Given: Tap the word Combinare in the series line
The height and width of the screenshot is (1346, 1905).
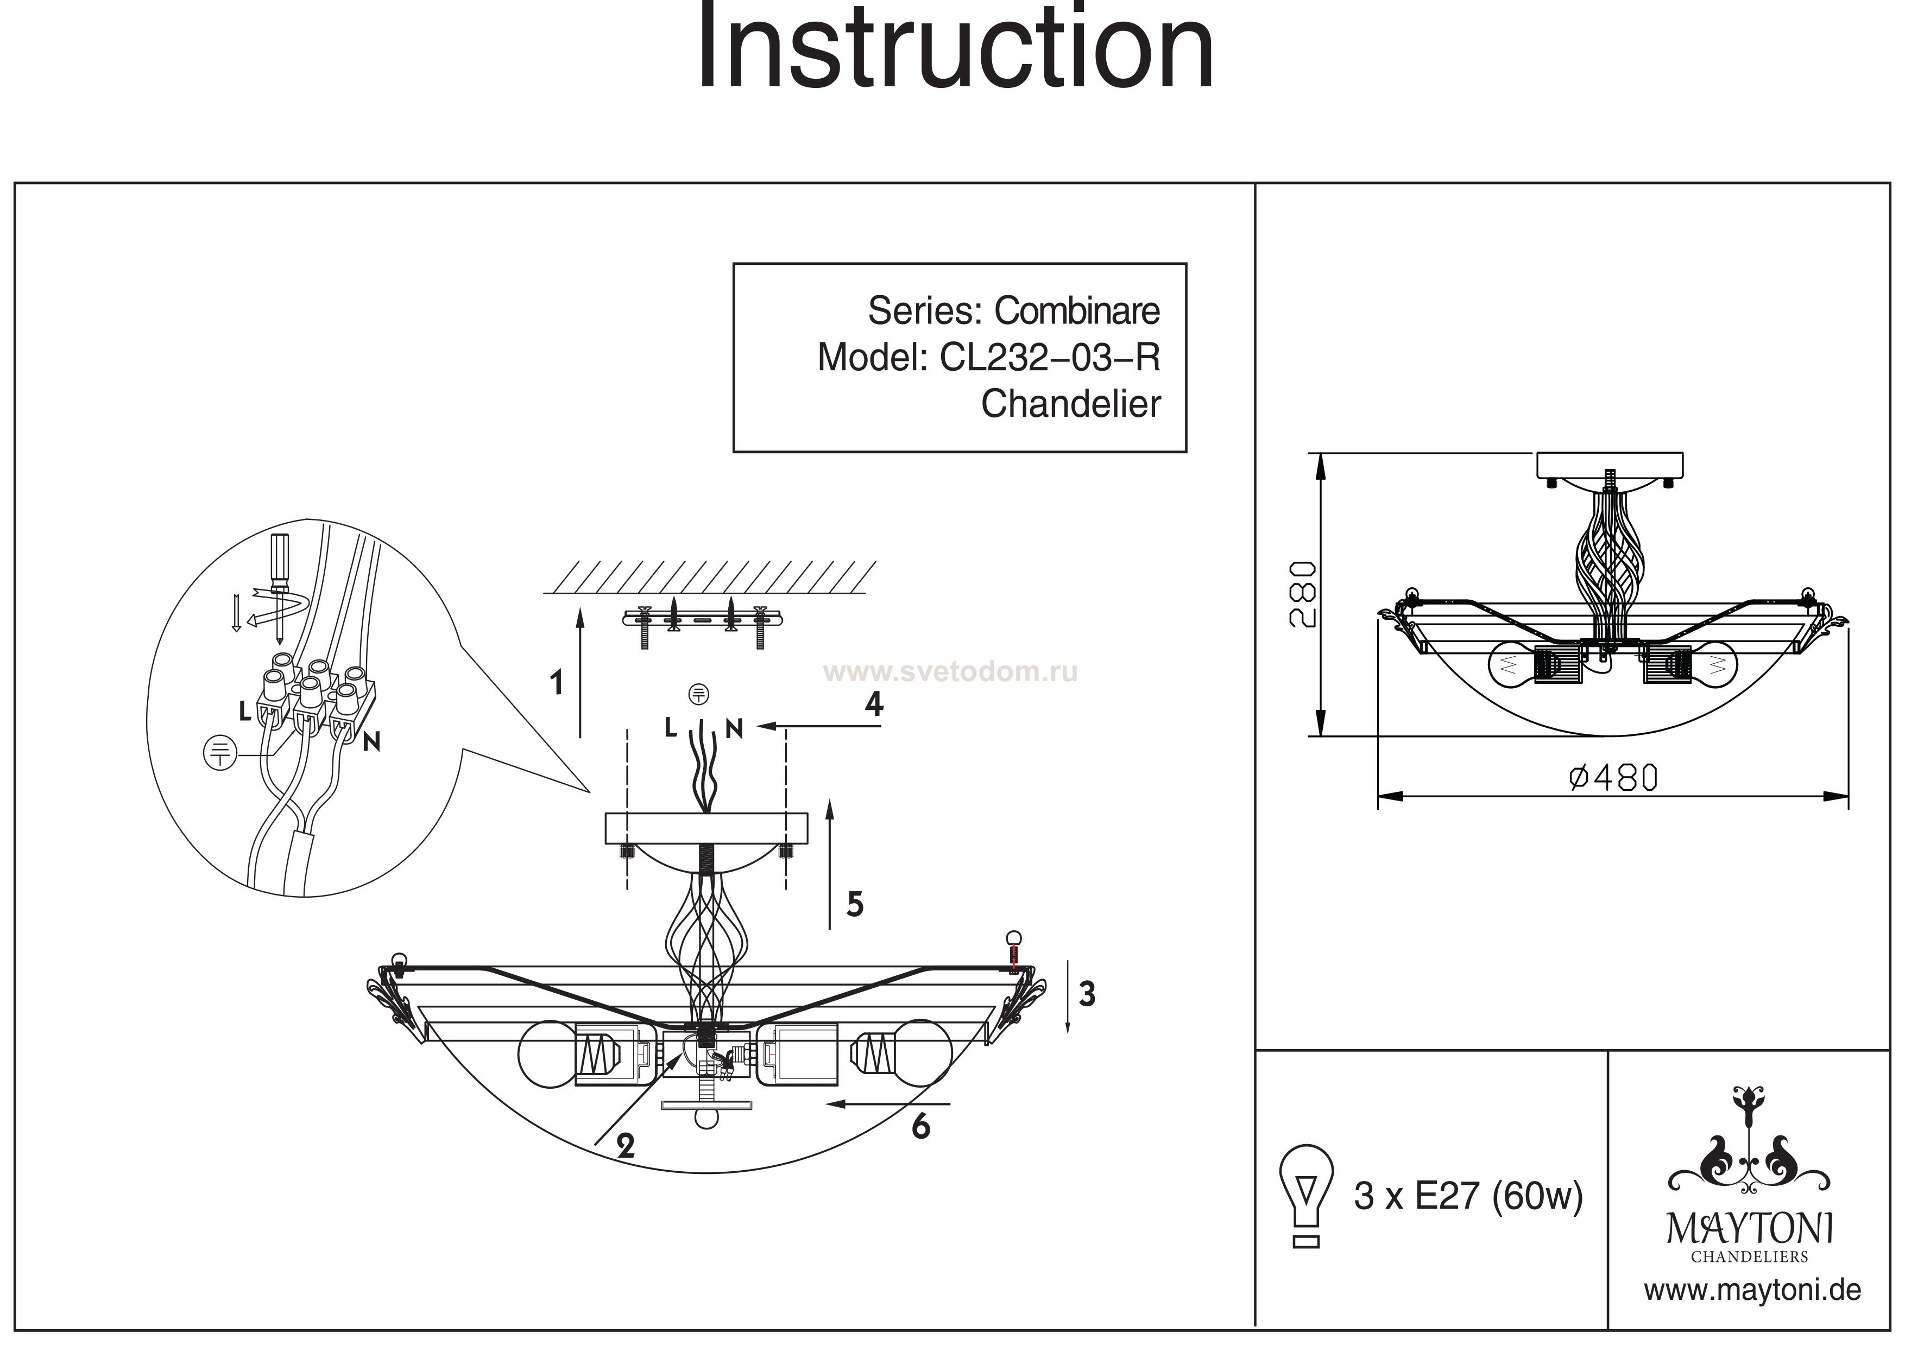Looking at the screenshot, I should [x=1077, y=311].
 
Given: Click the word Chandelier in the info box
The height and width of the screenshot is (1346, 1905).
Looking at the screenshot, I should [x=1070, y=404].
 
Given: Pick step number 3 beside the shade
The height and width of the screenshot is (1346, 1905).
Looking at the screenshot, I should [x=1087, y=994].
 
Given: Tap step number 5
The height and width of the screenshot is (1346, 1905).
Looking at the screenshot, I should [x=855, y=904].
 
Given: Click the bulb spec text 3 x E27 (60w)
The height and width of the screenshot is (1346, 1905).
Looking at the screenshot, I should [x=1468, y=1196].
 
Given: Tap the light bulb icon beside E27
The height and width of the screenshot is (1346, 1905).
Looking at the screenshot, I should [x=1307, y=1195].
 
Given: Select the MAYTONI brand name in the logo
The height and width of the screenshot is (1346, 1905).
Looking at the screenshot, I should [x=1750, y=1228].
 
